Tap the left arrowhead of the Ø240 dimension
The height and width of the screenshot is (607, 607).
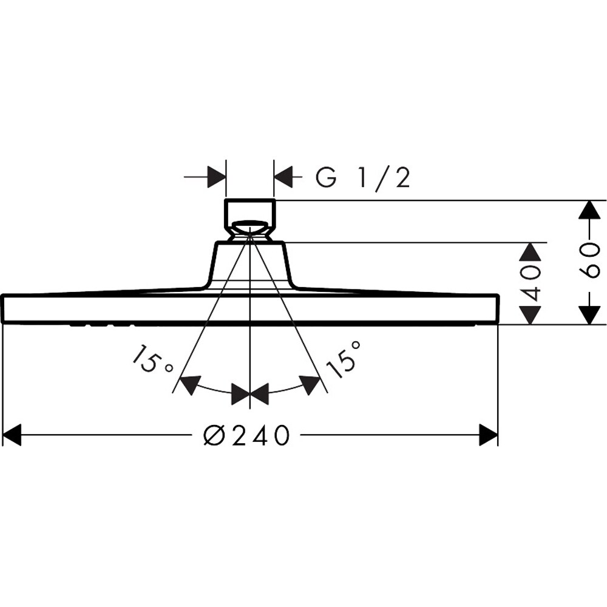click(x=12, y=435)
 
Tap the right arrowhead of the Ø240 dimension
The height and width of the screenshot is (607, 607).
click(x=489, y=435)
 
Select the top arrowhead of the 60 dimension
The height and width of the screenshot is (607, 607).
click(x=586, y=209)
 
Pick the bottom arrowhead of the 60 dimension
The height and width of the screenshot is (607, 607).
click(x=586, y=315)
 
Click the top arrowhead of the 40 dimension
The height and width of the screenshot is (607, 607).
click(x=532, y=252)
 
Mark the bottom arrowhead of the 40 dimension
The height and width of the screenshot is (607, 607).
click(x=532, y=315)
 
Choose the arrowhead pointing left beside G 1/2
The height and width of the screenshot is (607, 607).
click(x=283, y=178)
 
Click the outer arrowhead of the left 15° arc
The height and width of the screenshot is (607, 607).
click(x=190, y=384)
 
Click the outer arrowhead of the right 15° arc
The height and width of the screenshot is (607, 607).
click(x=311, y=384)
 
